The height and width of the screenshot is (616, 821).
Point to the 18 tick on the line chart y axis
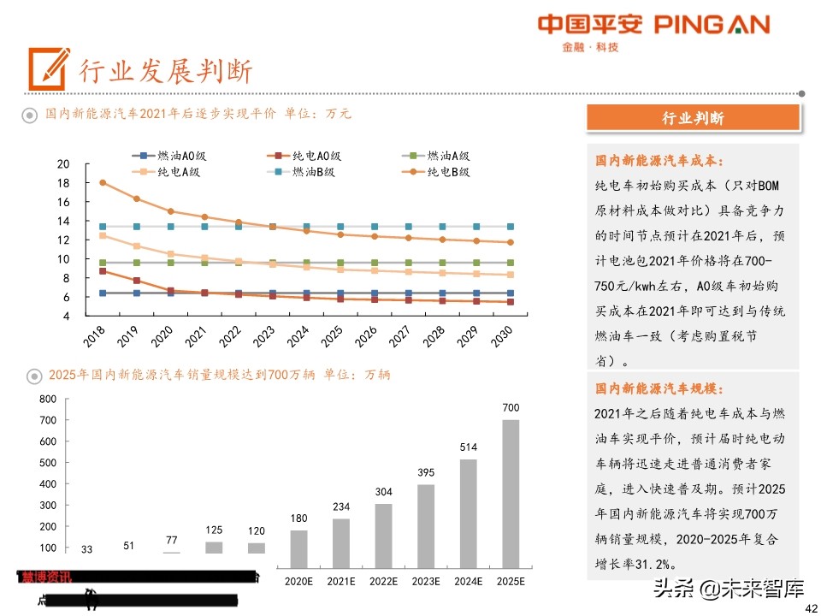pos(62,183)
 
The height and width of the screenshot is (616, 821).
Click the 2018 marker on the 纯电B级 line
pos(103,182)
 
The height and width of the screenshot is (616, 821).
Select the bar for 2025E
pos(511,494)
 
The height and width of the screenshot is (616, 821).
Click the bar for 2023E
pos(426,526)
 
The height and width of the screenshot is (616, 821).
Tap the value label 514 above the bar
pos(468,447)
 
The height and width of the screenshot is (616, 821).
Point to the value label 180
pos(298,518)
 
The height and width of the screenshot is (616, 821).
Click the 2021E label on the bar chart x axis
pos(341,581)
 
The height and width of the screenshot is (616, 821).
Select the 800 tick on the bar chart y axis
pos(47,399)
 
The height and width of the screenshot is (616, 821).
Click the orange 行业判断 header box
pos(693,118)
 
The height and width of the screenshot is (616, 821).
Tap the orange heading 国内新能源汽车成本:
pos(659,160)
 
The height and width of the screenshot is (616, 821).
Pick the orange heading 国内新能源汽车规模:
pos(659,388)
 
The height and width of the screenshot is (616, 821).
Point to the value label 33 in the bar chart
pos(87,548)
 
